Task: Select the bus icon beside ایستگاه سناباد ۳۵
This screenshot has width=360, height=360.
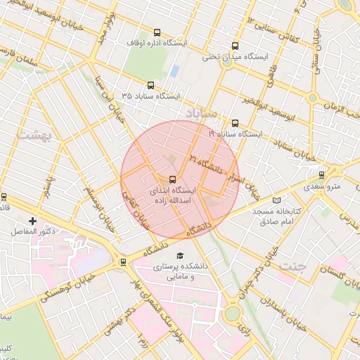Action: [150, 84]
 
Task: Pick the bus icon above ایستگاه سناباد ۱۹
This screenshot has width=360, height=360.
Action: [235, 122]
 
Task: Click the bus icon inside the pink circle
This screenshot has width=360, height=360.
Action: [173, 179]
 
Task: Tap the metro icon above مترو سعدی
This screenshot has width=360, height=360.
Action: [322, 175]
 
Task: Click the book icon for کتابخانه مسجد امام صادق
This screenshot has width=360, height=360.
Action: [276, 201]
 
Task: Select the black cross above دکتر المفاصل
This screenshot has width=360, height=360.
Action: [32, 221]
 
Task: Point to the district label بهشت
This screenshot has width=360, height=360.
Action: [34, 134]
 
